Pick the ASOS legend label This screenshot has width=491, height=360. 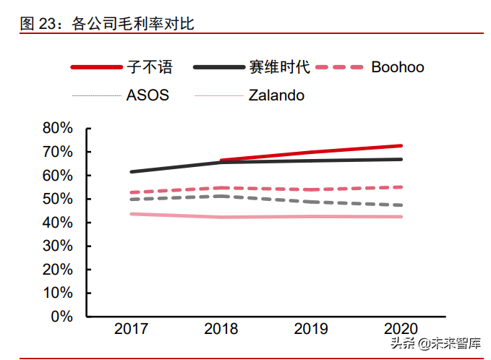tap(148, 95)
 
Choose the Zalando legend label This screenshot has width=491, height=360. tap(276, 95)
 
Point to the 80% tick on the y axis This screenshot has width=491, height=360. tap(58, 128)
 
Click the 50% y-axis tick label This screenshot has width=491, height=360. tap(58, 199)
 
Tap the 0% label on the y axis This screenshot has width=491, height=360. tap(63, 317)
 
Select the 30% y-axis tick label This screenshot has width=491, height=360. tap(58, 246)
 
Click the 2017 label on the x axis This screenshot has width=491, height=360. tap(131, 330)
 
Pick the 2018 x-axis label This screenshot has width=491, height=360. tap(221, 330)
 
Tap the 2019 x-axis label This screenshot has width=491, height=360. tap(311, 330)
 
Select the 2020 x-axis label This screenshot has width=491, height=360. tap(401, 330)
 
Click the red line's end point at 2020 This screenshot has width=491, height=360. tap(401, 145)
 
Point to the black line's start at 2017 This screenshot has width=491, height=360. tap(132, 171)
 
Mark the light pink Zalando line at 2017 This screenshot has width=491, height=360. tap(132, 214)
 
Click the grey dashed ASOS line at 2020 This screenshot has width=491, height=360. tap(401, 205)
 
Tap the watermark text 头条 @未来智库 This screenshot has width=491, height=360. tap(437, 343)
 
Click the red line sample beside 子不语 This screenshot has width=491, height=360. tap(96, 67)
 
